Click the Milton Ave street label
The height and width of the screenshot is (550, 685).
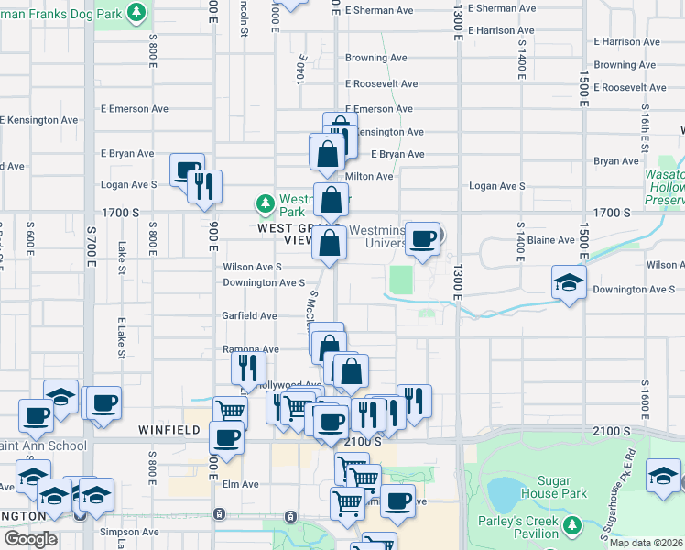tap(369, 177)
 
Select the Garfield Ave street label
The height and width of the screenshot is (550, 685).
tap(250, 316)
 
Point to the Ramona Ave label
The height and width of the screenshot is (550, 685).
tap(251, 349)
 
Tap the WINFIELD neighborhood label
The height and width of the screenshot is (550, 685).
tap(169, 429)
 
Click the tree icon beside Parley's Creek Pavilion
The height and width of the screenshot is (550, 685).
tap(572, 526)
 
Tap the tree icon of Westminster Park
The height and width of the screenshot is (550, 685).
tap(265, 202)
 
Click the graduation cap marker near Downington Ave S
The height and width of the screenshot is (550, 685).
tap(569, 282)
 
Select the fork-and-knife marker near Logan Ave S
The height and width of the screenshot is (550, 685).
tap(204, 186)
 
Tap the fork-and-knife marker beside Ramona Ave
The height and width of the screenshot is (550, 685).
tap(247, 368)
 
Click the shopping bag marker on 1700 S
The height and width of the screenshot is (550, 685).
tap(331, 200)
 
